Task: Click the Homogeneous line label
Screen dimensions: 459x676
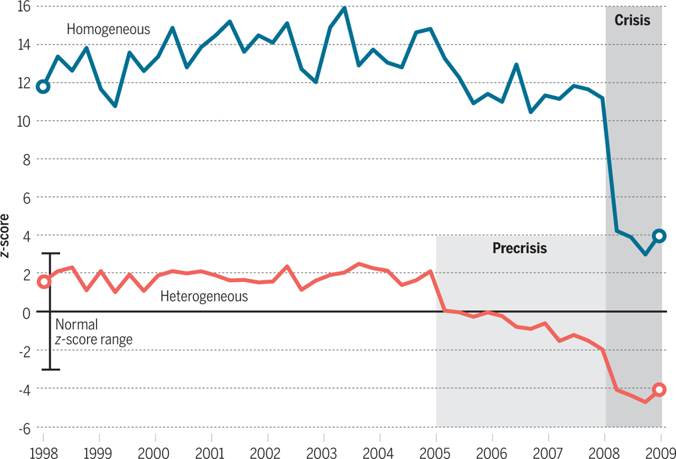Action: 108,29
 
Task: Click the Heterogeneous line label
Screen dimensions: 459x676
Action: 204,296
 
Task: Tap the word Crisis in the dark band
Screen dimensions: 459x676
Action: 632,21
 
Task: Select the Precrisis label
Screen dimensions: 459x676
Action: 520,248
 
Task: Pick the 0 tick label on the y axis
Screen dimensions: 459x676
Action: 25,312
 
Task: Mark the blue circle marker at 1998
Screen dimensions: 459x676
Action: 43,87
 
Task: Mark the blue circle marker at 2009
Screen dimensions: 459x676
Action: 659,236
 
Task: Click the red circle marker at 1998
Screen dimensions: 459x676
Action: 43,282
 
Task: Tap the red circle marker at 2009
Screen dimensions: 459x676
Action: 659,390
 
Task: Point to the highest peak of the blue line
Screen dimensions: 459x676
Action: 344,8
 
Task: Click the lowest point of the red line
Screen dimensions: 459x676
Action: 645,402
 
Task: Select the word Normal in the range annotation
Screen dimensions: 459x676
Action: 77,324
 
